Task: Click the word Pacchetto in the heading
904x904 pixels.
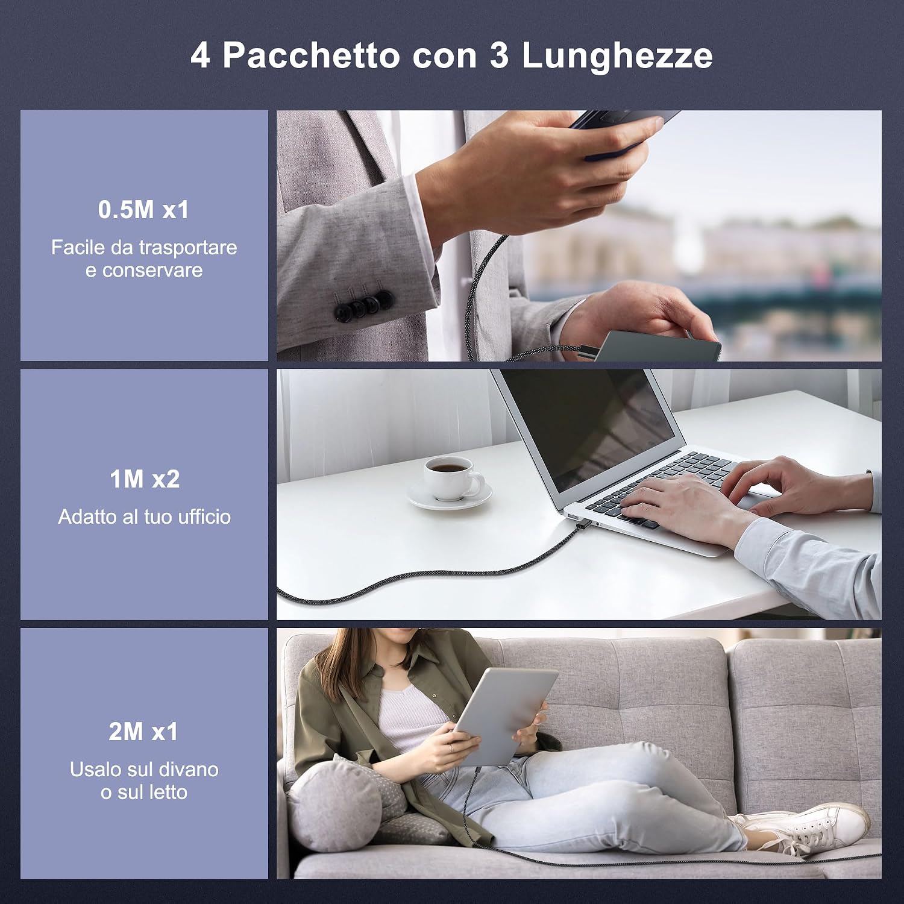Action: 311,55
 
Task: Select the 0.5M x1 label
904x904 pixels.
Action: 144,210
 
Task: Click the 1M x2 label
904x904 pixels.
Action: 145,479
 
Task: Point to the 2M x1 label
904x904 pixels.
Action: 144,732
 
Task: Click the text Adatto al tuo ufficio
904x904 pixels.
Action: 145,516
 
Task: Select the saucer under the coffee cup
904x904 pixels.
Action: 449,495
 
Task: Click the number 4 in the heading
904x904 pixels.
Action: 201,55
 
